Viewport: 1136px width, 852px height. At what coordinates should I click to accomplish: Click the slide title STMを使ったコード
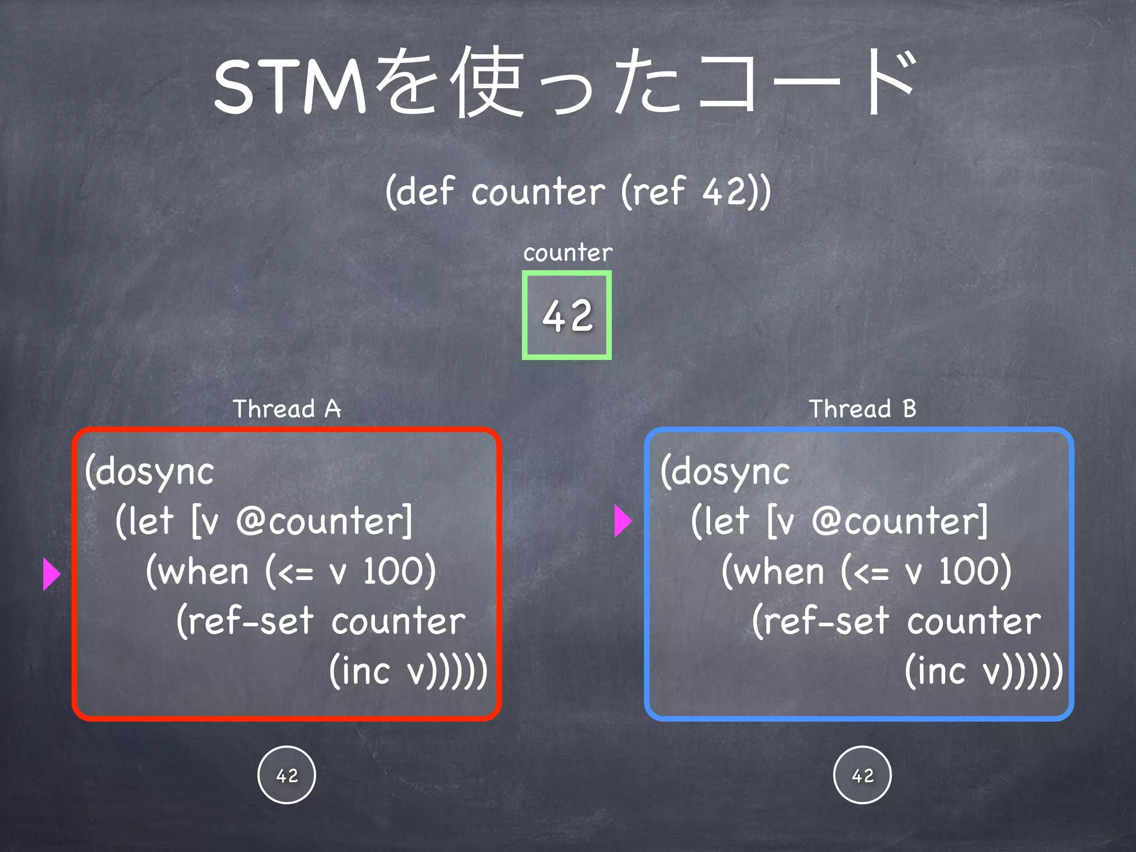pos(566,83)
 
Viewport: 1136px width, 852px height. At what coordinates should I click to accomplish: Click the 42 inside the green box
pos(567,316)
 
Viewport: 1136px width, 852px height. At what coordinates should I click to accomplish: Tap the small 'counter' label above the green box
pos(567,253)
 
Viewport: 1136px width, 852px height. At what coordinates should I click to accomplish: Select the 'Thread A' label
pos(286,409)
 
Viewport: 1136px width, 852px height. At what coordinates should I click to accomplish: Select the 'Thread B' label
pos(862,409)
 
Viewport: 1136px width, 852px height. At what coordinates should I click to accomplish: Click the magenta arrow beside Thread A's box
pos(51,574)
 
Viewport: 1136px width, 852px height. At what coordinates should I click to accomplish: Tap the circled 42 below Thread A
pos(287,775)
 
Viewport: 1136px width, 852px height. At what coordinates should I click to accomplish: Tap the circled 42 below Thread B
pos(863,775)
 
